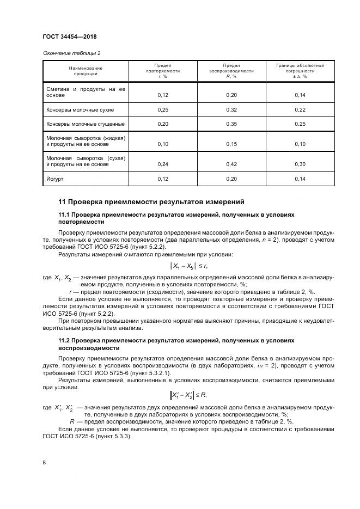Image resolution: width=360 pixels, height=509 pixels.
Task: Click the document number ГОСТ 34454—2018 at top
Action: tap(73, 36)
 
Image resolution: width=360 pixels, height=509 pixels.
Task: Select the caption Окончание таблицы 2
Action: tap(71, 53)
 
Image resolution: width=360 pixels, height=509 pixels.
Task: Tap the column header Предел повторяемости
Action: tap(163, 71)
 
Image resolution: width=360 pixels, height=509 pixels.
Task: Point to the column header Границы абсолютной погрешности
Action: tap(300, 71)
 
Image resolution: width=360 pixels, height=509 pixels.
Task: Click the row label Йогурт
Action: tap(52, 178)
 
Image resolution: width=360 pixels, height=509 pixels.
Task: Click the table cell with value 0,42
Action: tap(231, 164)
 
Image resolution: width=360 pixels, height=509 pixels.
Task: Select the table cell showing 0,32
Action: tap(231, 109)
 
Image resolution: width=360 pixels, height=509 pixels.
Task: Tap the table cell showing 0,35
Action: tap(231, 124)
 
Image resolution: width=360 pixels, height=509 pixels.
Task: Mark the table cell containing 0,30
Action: tap(300, 164)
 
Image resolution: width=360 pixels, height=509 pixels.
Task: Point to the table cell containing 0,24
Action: tap(163, 164)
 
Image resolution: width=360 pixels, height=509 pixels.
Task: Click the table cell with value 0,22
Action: tap(300, 109)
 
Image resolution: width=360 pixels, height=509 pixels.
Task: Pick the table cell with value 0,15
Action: tap(231, 144)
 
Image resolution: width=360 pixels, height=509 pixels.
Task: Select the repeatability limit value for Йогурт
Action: tap(163, 178)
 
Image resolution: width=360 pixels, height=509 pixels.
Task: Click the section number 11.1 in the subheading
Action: tap(64, 214)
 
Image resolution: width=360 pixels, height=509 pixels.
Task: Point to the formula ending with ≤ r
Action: tap(189, 265)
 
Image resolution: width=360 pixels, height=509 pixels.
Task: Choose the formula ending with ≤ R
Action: tap(189, 395)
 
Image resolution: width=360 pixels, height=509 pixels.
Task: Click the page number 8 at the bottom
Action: tap(44, 463)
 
